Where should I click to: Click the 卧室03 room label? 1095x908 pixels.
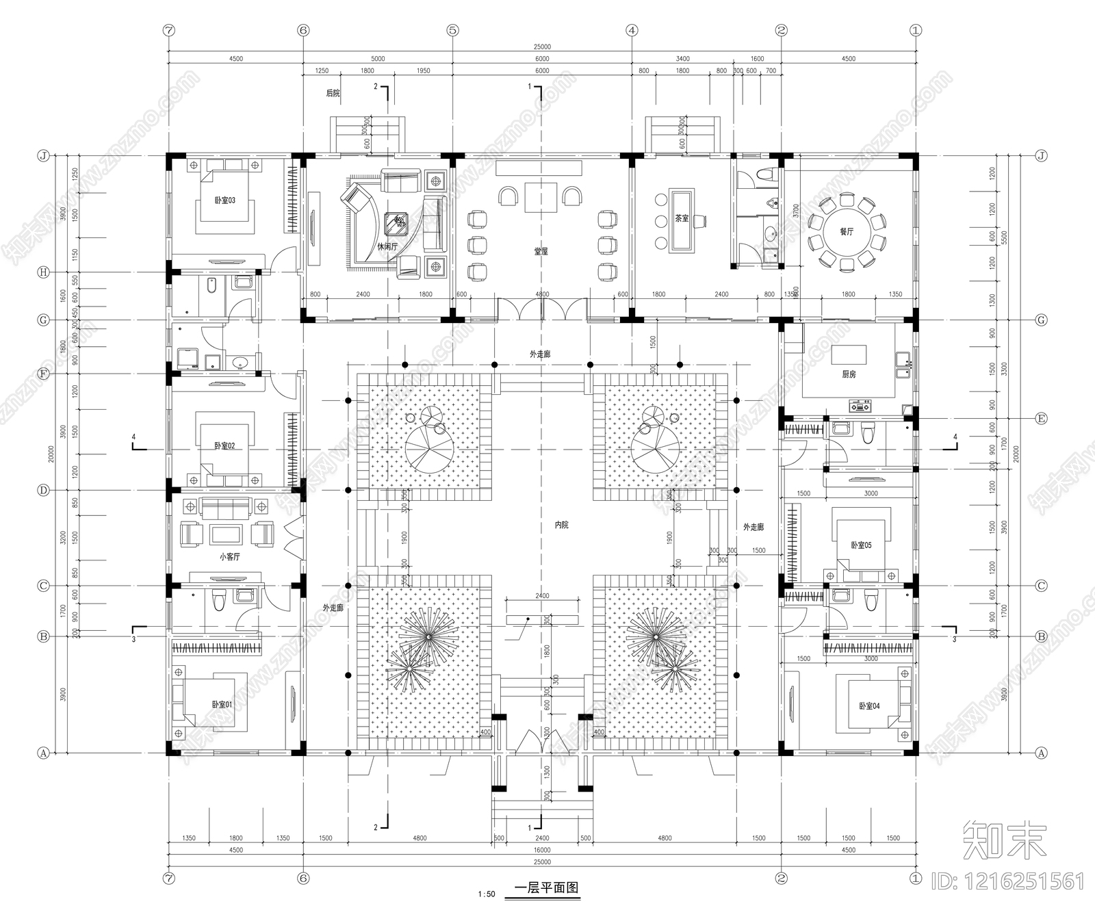(224, 200)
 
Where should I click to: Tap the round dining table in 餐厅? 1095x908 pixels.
(847, 232)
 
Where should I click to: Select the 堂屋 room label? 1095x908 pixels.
(541, 252)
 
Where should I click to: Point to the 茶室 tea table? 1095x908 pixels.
(682, 220)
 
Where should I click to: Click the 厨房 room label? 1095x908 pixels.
(849, 374)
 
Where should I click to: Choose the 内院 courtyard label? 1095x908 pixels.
(561, 525)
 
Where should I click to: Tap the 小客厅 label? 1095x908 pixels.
(230, 557)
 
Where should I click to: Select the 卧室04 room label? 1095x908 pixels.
(869, 706)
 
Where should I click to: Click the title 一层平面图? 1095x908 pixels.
(546, 888)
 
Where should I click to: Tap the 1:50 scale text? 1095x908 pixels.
(487, 894)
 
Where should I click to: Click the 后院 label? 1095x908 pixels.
(333, 93)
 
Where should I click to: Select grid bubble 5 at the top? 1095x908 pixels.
(452, 30)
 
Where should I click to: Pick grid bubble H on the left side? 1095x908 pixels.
(44, 272)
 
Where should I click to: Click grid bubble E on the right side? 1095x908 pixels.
(1041, 419)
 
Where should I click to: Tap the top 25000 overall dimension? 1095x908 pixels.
(541, 47)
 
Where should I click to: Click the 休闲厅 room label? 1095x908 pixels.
(387, 246)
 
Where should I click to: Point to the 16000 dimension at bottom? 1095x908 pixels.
(541, 851)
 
